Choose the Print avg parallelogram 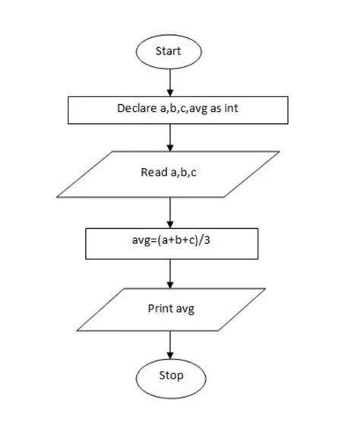170,309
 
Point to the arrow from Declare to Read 170,137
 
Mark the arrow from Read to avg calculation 170,212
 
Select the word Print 159,309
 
